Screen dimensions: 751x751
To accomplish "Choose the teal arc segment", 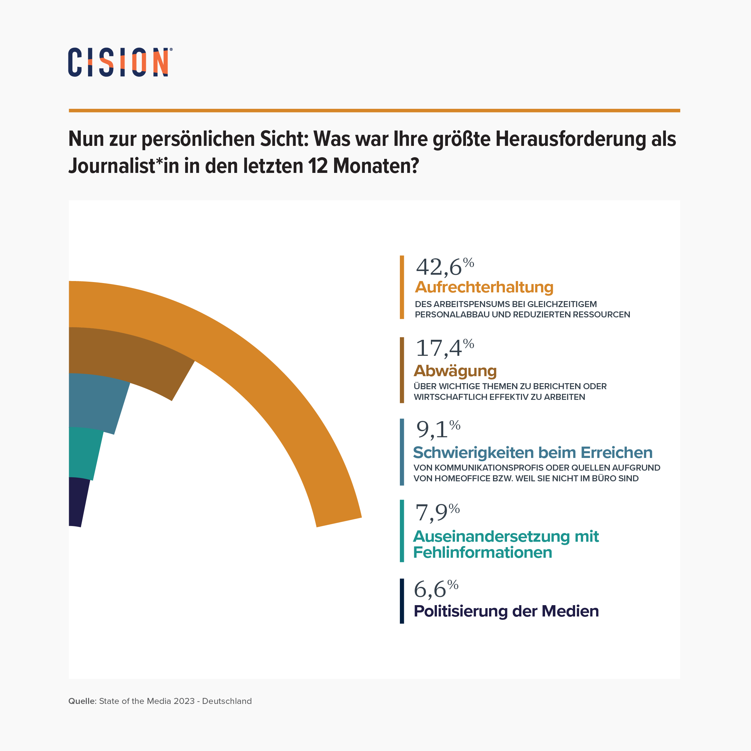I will [83, 453].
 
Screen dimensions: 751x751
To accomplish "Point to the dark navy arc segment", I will [78, 501].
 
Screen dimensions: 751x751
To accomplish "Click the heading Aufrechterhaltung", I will [484, 287].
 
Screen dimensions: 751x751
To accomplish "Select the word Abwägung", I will [455, 371].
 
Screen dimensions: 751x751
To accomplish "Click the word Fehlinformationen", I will [482, 552].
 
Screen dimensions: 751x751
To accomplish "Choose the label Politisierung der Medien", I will [506, 611].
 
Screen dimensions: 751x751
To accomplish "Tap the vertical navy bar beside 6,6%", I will [402, 601].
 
